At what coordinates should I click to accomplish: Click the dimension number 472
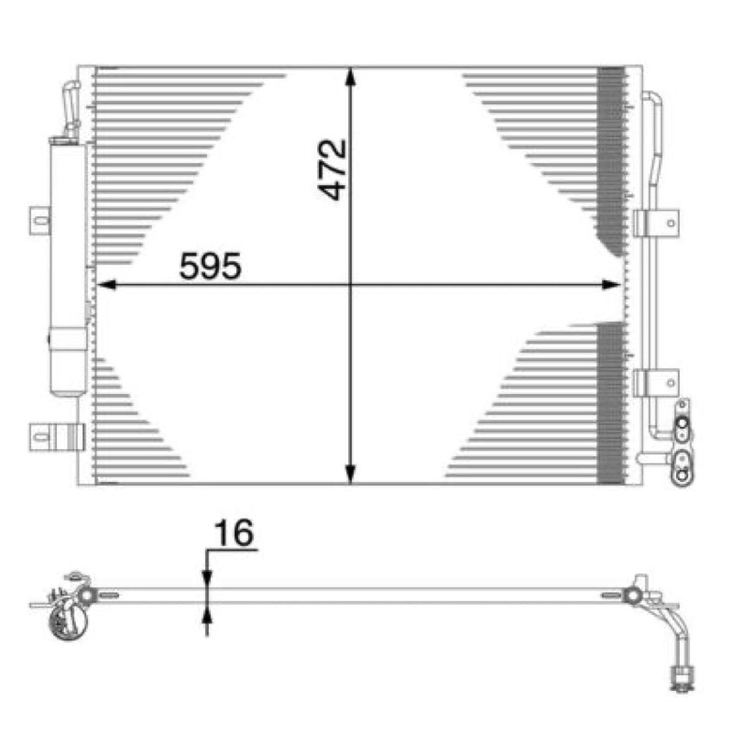333,170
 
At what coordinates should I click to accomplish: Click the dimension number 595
211,267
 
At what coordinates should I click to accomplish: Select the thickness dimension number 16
234,532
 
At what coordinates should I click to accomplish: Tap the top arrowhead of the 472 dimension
350,77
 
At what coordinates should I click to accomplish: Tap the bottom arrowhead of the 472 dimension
350,474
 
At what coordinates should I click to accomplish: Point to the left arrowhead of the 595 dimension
106,285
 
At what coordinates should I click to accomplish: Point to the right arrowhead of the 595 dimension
611,285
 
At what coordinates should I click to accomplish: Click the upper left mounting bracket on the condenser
40,221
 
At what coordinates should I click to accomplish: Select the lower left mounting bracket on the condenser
57,437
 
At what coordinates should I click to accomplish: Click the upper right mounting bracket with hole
656,224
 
